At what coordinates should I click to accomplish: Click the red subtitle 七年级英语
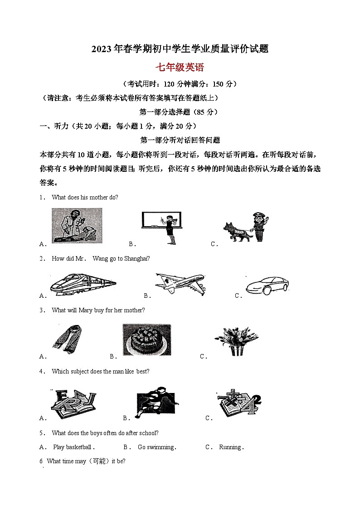point(180,68)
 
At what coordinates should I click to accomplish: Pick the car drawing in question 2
point(267,285)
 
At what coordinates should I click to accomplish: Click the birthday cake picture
point(146,340)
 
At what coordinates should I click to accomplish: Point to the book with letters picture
point(73,402)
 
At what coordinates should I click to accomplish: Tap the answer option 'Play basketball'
point(72,447)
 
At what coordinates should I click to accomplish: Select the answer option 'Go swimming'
point(156,447)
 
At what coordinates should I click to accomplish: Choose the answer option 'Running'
point(230,447)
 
